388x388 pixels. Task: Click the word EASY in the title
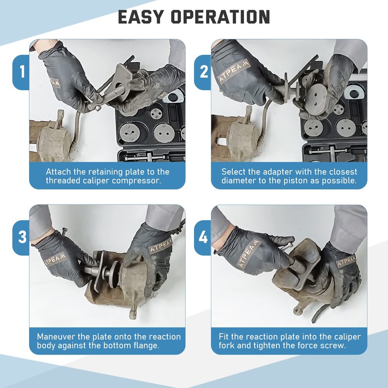[141, 17]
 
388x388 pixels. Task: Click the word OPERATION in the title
[221, 17]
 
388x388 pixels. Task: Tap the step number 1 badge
[22, 72]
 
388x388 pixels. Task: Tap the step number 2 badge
[204, 72]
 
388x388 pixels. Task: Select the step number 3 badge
[22, 237]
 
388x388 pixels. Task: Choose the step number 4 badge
[203, 238]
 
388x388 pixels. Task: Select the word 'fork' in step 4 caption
[226, 345]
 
